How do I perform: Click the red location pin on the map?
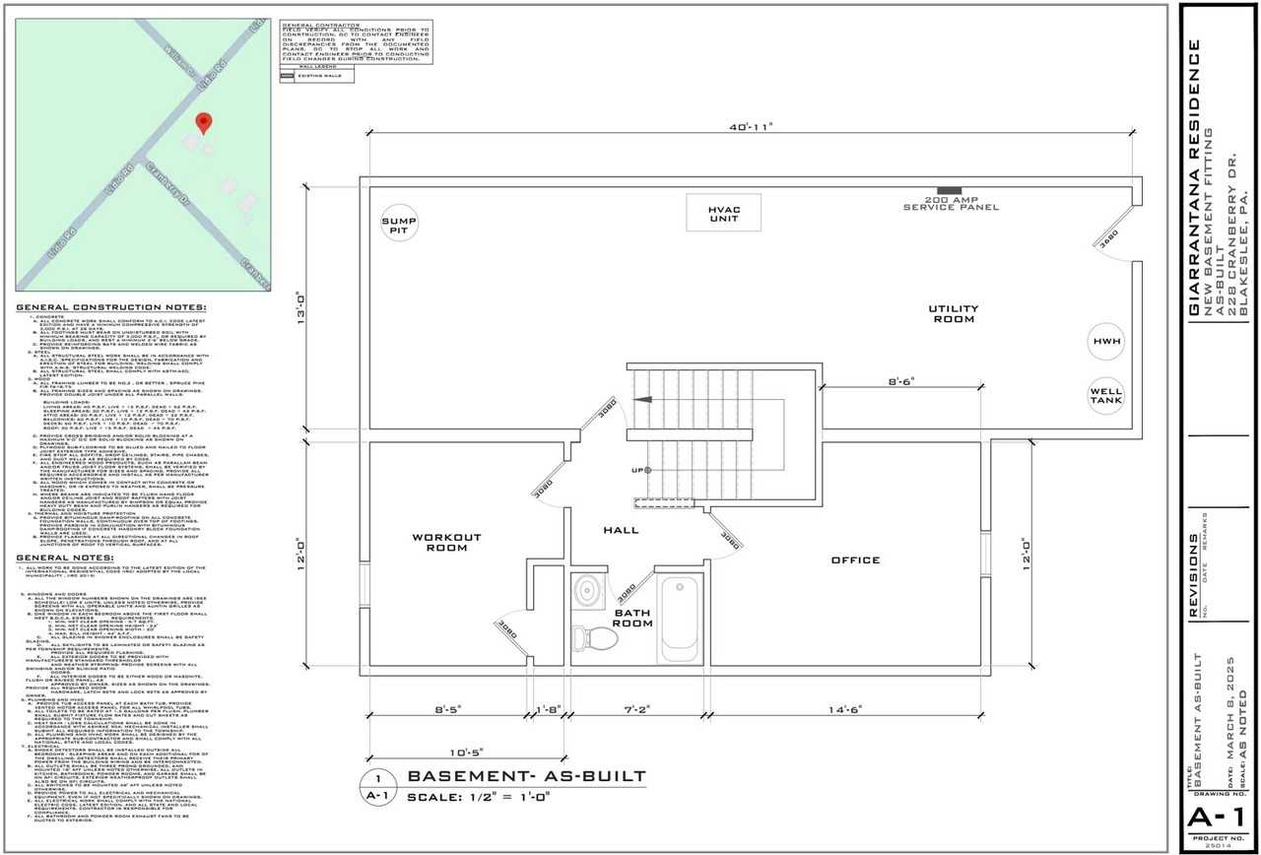tap(204, 123)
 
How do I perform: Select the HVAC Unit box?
tap(723, 214)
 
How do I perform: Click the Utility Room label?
tap(952, 313)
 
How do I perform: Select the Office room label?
tap(855, 559)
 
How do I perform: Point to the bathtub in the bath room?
tap(679, 616)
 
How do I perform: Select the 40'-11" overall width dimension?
tap(753, 126)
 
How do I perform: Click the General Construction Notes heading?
tap(110, 308)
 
